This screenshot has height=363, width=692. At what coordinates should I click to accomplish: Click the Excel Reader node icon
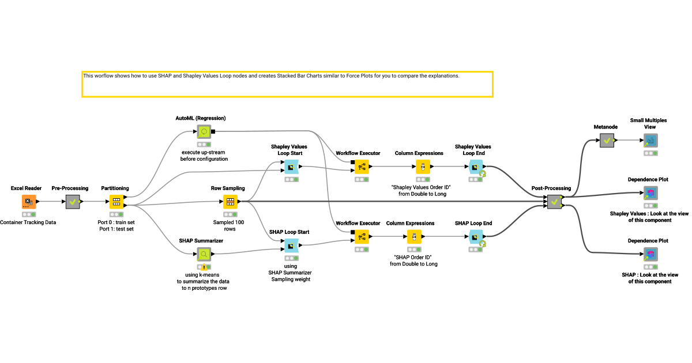[x=29, y=202]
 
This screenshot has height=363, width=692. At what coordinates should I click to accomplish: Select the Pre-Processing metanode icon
[x=72, y=202]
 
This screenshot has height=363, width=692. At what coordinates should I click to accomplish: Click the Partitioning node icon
[x=116, y=202]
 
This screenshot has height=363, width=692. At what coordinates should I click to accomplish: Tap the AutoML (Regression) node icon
[x=204, y=131]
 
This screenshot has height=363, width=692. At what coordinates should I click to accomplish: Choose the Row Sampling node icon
[x=230, y=202]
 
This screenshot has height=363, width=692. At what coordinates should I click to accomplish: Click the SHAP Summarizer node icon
[x=204, y=254]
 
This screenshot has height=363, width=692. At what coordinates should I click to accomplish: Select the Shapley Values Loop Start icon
[x=291, y=167]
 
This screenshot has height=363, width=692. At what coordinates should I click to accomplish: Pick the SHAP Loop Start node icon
[x=291, y=245]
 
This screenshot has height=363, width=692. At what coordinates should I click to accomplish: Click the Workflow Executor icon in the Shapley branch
[x=361, y=167]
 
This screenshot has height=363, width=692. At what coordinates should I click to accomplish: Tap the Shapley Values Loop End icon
[x=476, y=167]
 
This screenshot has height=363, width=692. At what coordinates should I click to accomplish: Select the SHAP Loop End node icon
[x=476, y=236]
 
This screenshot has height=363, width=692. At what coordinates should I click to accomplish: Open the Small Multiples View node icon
[x=650, y=140]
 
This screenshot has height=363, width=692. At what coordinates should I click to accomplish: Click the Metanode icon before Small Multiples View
[x=605, y=140]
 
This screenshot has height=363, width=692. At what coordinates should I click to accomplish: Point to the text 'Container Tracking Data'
[x=28, y=222]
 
